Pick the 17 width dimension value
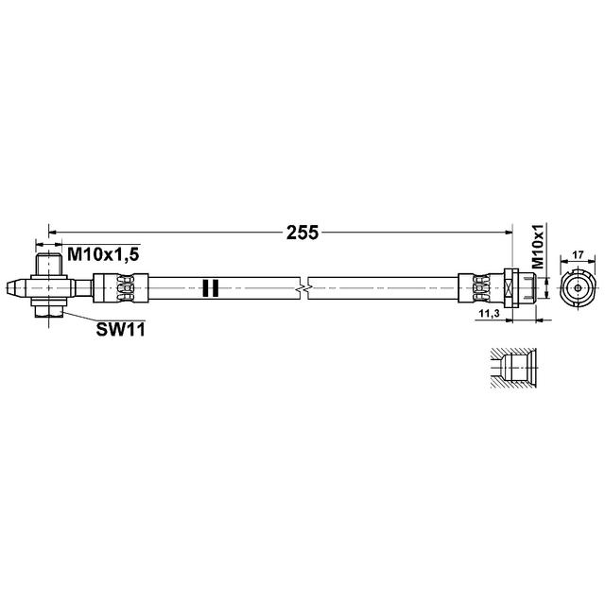coord(577,253)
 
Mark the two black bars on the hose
coord(211,286)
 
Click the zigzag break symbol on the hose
coord(303,285)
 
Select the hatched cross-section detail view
coord(511,369)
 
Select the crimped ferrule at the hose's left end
coord(122,285)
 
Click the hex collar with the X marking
coord(512,285)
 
